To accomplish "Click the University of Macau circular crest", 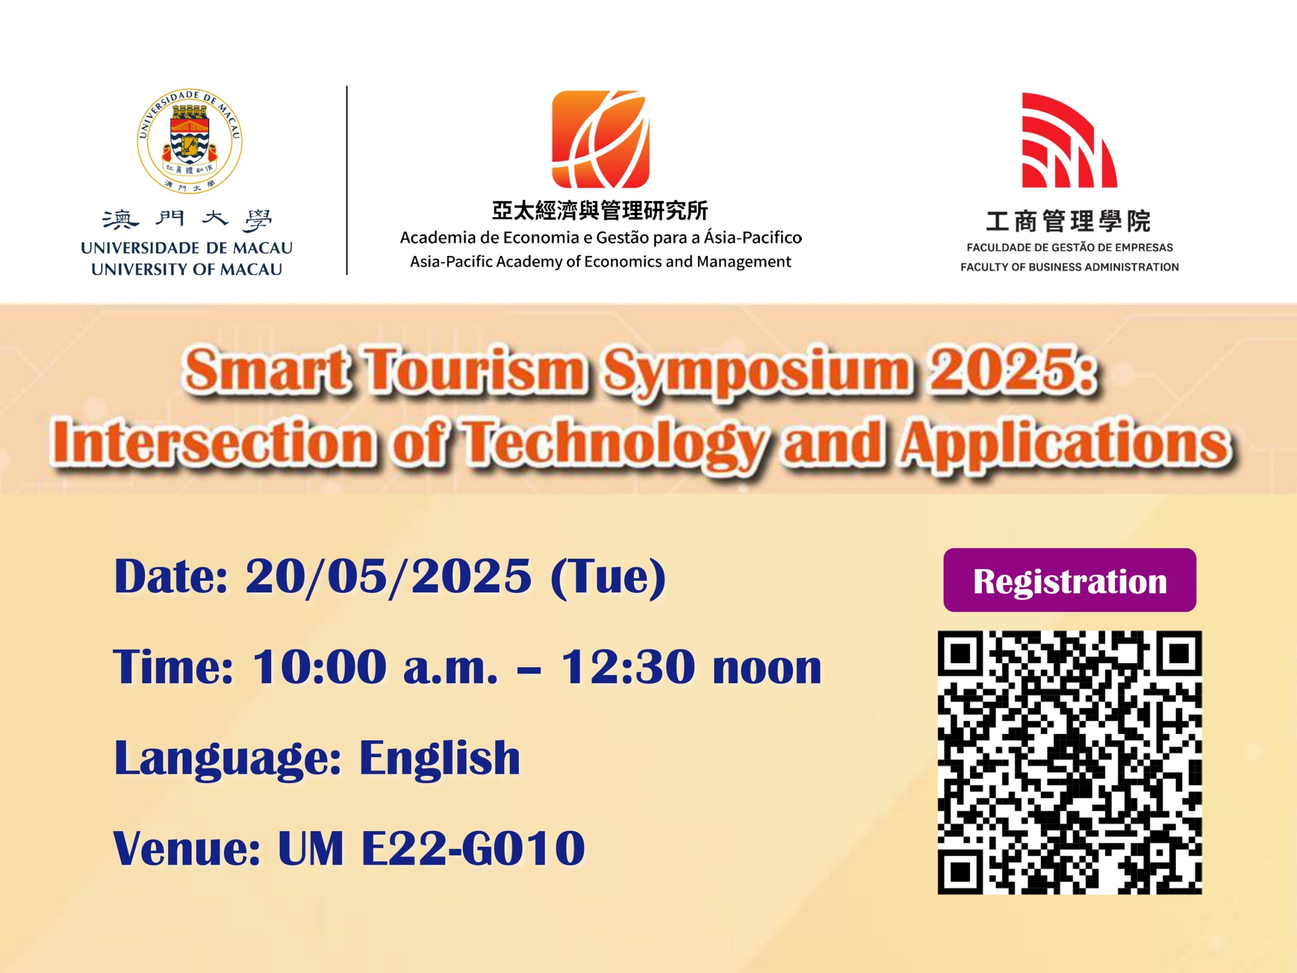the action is (x=189, y=141).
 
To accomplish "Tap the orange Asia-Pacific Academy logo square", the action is (x=600, y=139).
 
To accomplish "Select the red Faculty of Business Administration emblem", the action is (x=1070, y=140).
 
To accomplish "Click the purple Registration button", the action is (x=1070, y=581).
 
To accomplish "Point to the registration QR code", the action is (x=1070, y=763).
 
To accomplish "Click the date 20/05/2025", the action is (x=388, y=577).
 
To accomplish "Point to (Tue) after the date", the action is (x=608, y=578).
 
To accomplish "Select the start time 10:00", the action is (x=319, y=667).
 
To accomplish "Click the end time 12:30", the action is (x=627, y=667).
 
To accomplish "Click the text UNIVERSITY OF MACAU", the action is (x=186, y=269).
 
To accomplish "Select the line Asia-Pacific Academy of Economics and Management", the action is (x=600, y=261).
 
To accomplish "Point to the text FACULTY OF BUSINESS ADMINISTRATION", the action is (x=1070, y=267).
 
